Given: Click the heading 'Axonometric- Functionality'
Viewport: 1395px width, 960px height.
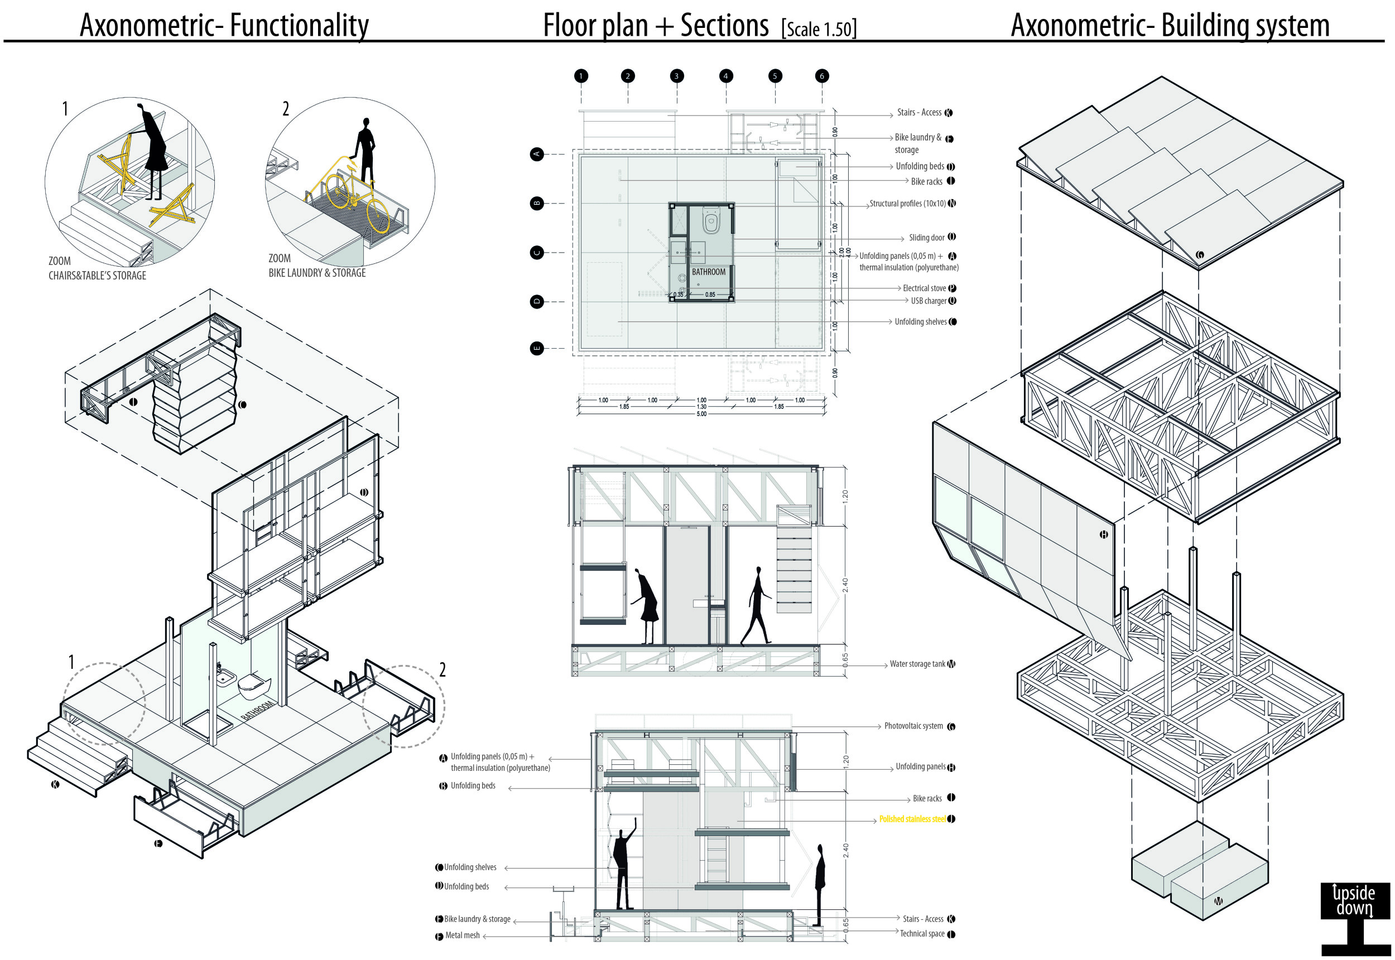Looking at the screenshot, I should tap(224, 25).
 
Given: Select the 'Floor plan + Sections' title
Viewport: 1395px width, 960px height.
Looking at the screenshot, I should tap(655, 25).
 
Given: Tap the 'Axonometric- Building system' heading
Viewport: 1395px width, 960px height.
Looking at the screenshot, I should tap(1170, 25).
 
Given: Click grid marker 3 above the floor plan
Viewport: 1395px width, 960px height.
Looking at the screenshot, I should tap(676, 76).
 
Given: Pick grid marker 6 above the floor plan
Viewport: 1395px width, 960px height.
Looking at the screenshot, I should tap(822, 76).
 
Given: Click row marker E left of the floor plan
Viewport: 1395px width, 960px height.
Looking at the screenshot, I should tap(537, 348).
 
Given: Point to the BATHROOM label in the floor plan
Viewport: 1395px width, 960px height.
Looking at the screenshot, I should tap(708, 272).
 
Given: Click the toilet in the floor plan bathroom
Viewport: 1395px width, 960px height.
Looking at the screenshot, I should tap(711, 221).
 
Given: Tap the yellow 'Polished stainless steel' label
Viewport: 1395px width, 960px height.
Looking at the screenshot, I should tap(912, 819).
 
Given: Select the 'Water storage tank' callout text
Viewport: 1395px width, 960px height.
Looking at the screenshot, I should tap(917, 664).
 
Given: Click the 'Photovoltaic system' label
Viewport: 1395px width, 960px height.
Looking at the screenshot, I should tap(913, 726).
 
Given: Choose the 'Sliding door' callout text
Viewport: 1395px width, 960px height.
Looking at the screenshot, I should tap(926, 238).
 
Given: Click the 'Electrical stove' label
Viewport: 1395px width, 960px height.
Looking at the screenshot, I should tap(924, 289).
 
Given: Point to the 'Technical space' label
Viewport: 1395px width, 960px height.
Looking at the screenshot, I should tap(922, 934).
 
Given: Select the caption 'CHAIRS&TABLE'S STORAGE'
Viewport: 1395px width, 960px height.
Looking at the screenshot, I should tap(98, 276).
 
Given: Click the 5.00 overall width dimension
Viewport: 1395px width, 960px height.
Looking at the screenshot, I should tap(701, 414).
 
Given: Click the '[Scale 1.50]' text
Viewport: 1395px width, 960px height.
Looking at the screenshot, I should tap(819, 29).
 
